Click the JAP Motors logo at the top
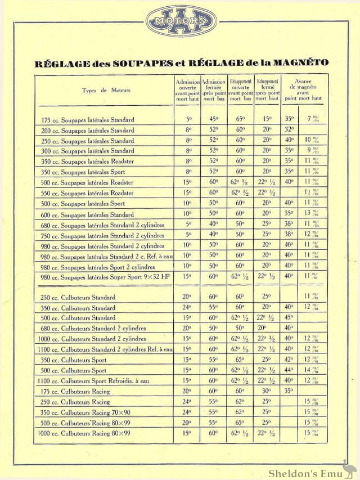point(179,21)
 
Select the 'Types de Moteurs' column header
point(106,90)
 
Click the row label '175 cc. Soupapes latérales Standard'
point(88,120)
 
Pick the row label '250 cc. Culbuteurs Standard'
point(79,298)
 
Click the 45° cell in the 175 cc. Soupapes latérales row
point(213,119)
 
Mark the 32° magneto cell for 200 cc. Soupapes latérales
point(289,129)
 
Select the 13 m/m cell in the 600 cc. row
point(319,214)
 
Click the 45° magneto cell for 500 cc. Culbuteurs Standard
point(289,318)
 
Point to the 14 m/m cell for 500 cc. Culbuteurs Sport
point(319,371)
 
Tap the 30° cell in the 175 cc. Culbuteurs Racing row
point(266,391)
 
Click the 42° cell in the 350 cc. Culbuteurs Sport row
point(289,360)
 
